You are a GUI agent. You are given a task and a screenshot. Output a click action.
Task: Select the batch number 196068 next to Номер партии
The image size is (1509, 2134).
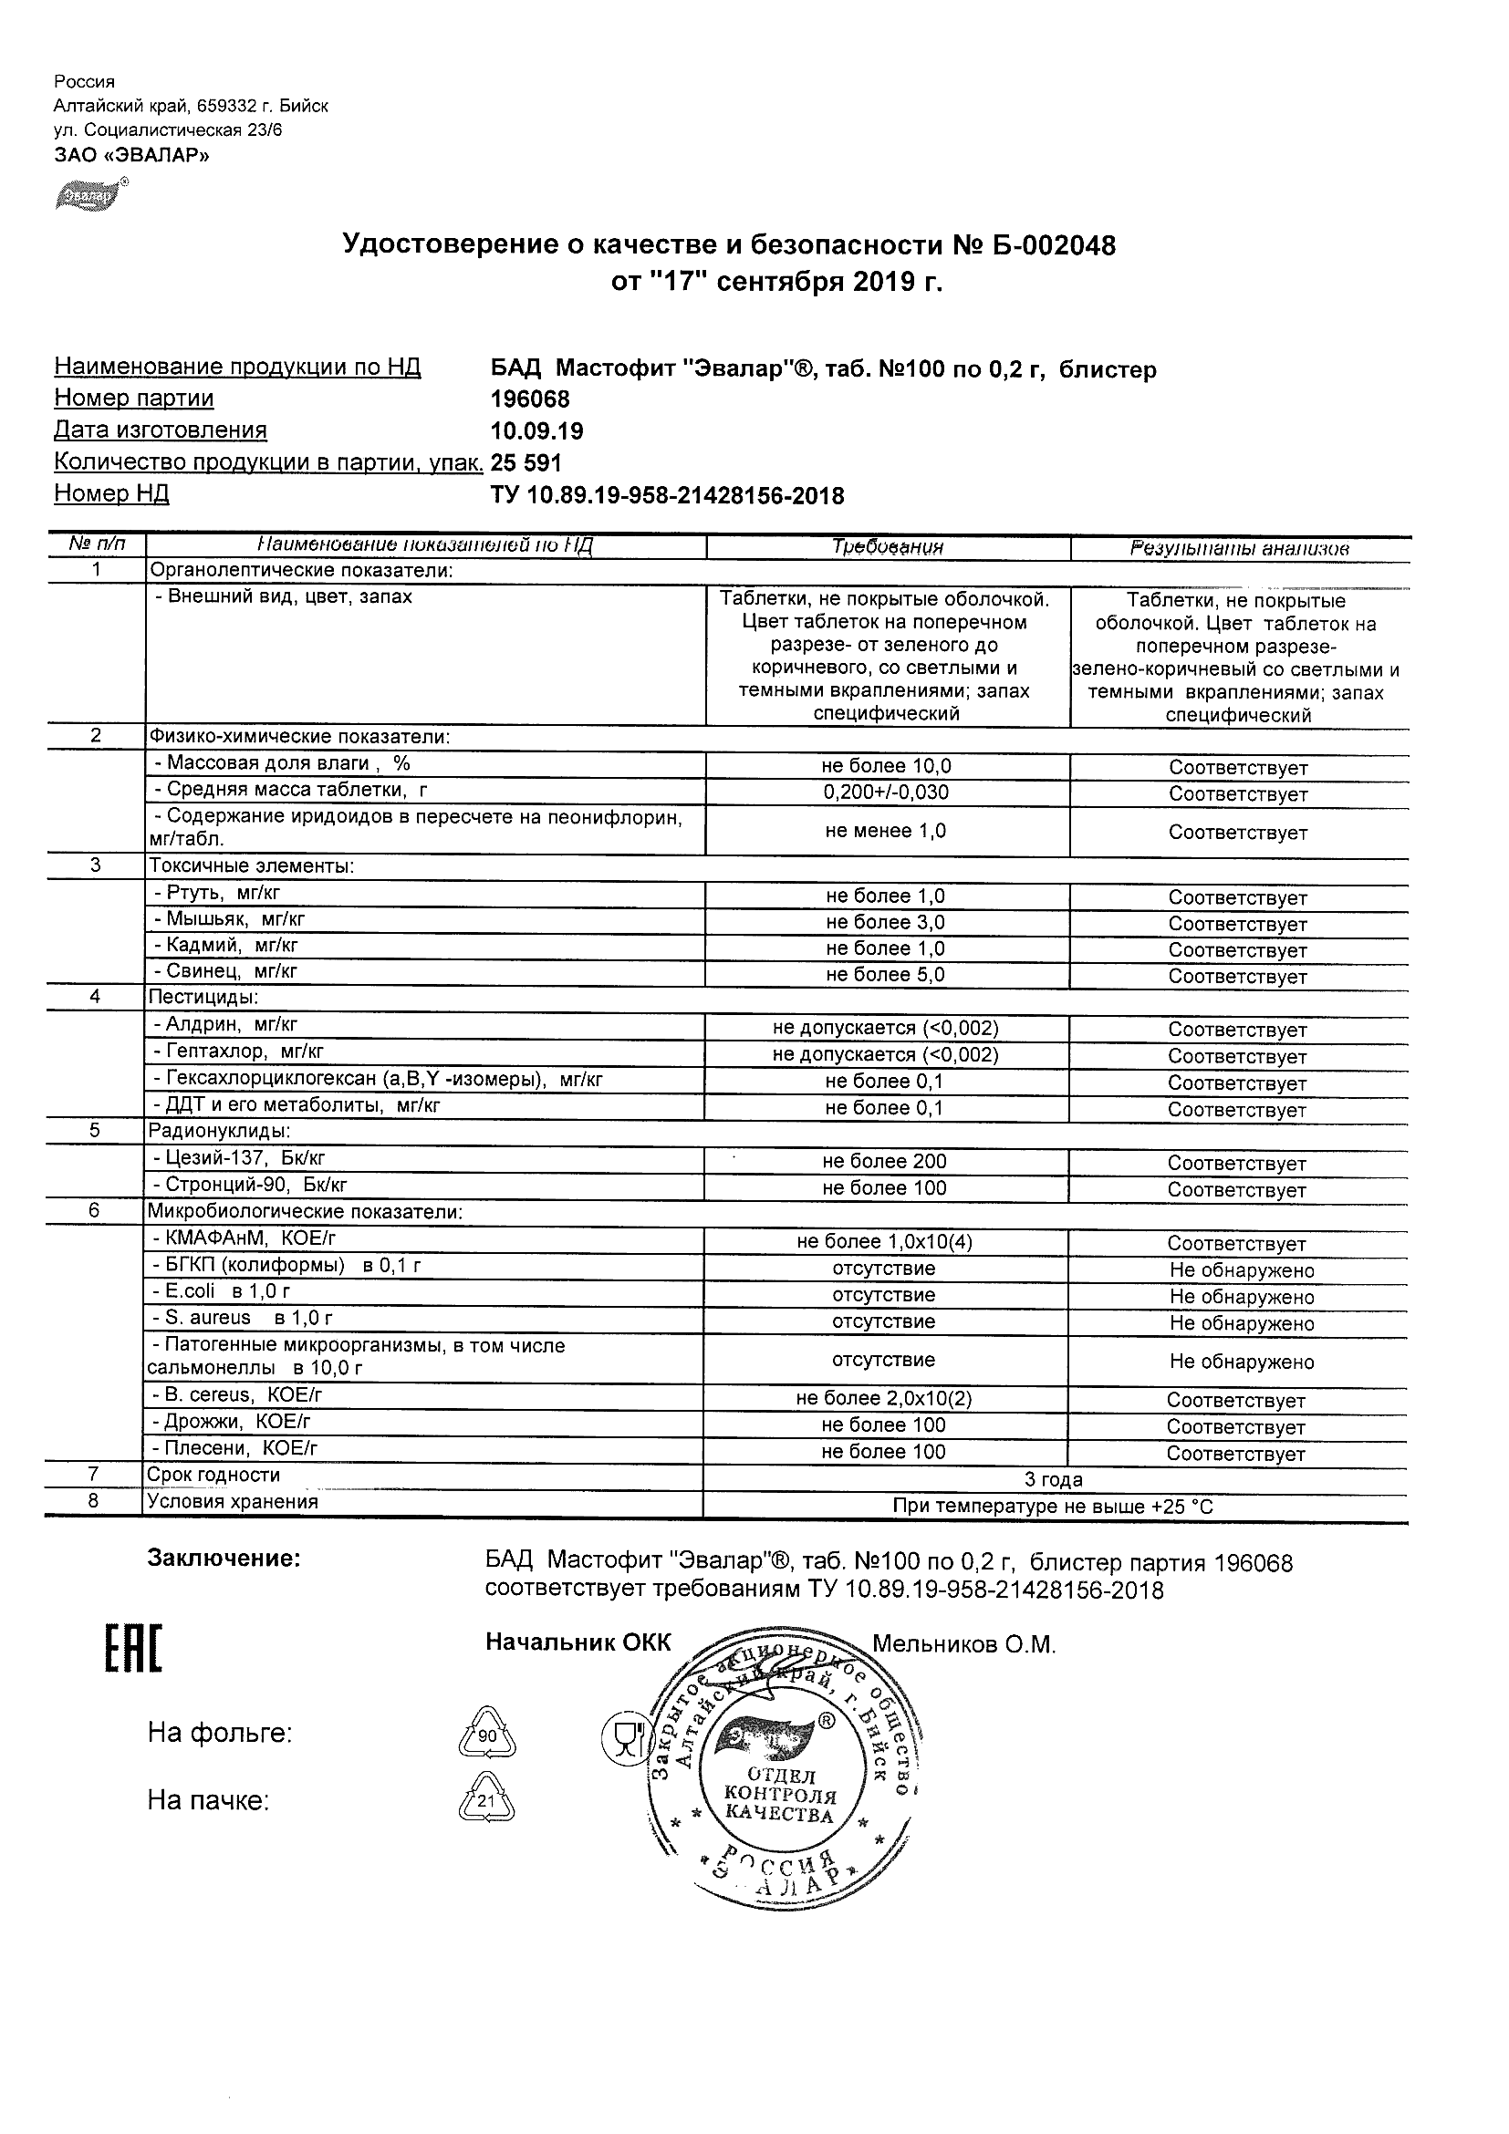pyautogui.click(x=529, y=399)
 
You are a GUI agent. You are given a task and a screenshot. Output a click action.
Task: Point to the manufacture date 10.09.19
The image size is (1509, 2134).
pyautogui.click(x=536, y=431)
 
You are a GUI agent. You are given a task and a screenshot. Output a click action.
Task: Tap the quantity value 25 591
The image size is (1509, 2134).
pyautogui.click(x=526, y=463)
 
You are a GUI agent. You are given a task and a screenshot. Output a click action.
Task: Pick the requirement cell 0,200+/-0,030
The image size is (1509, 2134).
pyautogui.click(x=885, y=792)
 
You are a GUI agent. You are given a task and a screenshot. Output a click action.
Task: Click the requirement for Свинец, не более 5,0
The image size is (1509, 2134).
pyautogui.click(x=885, y=975)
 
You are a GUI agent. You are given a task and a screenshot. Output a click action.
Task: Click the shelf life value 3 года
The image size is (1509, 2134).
pyautogui.click(x=1054, y=1480)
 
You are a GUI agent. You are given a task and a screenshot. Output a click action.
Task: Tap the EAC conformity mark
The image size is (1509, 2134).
pyautogui.click(x=133, y=1649)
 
